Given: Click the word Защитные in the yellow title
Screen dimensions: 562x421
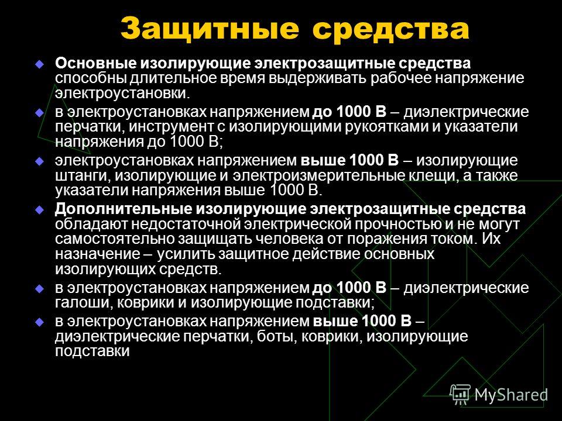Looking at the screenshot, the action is point(210,29).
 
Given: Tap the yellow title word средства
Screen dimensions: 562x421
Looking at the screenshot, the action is point(390,29).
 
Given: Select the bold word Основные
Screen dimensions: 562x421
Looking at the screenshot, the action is point(95,63).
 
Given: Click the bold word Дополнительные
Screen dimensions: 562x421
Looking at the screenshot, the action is point(122,209).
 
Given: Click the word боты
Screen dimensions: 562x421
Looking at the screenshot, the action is point(277,337).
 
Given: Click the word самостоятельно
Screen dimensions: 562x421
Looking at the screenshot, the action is point(114,239).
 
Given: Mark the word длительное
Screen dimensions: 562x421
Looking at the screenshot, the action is point(170,78).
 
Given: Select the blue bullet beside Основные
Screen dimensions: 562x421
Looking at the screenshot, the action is point(39,64).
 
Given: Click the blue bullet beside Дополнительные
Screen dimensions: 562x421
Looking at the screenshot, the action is point(39,210).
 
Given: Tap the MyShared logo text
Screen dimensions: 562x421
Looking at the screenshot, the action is point(511,395).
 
